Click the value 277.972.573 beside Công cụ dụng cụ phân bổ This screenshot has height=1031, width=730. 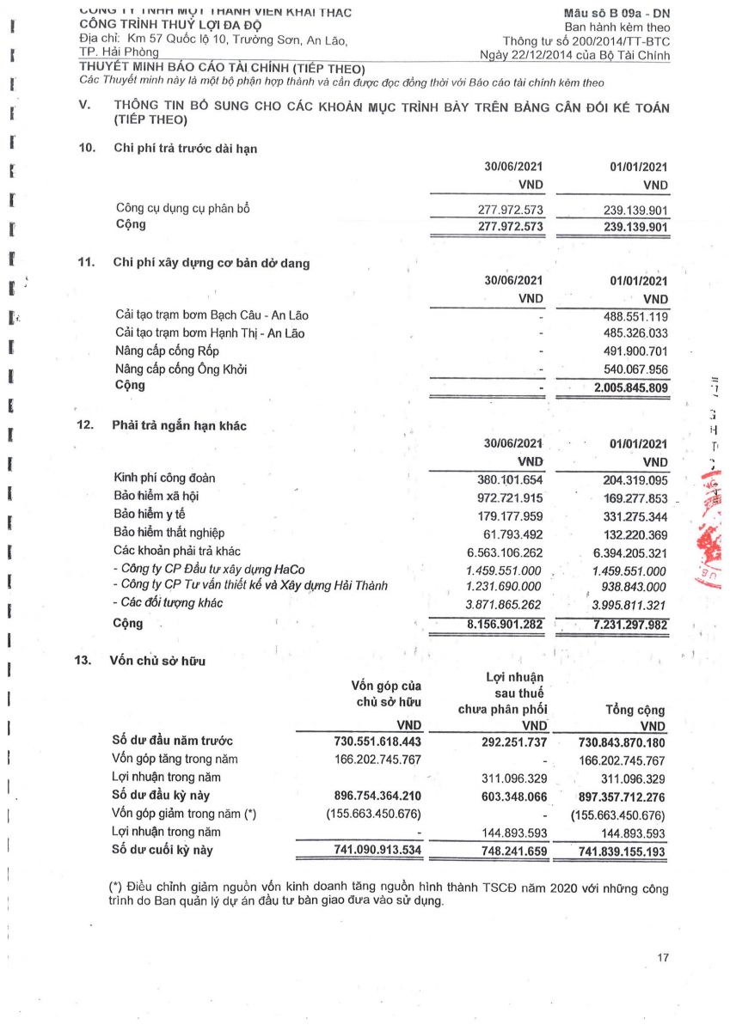point(511,210)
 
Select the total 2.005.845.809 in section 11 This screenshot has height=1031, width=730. point(624,387)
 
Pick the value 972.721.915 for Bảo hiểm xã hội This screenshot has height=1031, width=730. point(511,497)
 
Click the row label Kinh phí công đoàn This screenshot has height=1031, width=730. point(165,478)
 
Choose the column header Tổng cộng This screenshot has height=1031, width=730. point(635,711)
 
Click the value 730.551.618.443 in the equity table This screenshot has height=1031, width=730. point(377,741)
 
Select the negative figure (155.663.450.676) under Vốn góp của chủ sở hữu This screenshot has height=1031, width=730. point(373,814)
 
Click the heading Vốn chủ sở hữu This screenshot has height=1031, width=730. point(159,661)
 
